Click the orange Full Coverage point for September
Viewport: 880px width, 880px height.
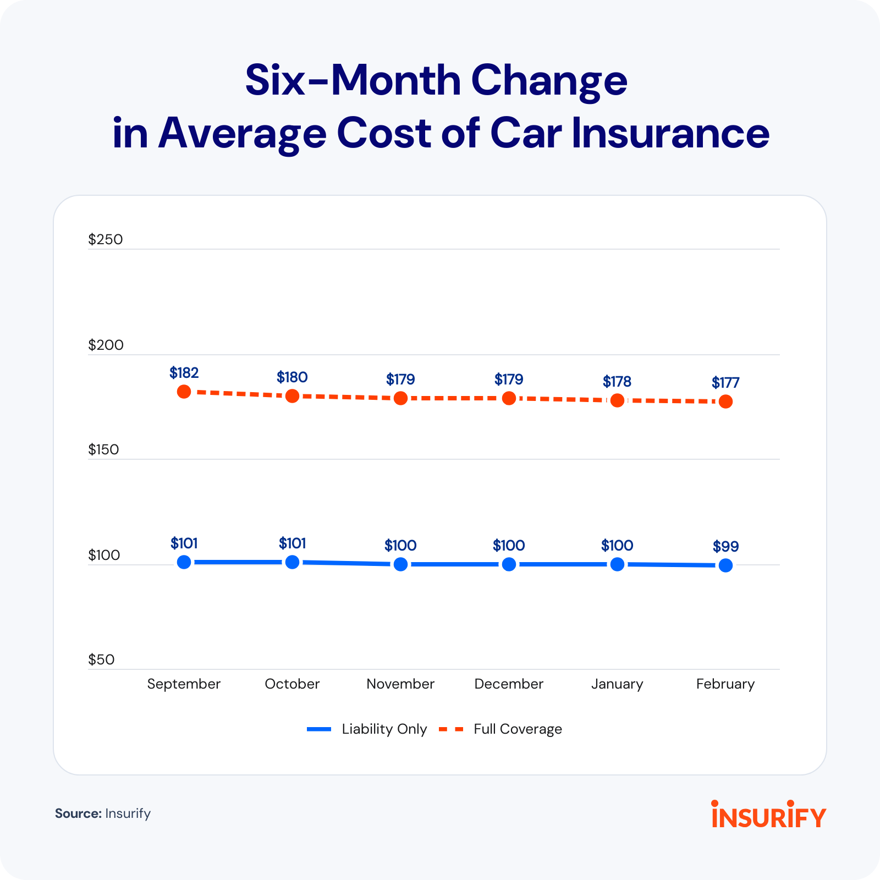tap(184, 392)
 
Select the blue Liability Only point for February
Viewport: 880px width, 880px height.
tap(725, 565)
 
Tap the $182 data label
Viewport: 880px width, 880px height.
tap(184, 373)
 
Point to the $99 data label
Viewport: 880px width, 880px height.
tap(725, 546)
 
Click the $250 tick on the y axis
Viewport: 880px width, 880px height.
tap(106, 239)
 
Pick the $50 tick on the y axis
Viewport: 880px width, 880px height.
tap(101, 659)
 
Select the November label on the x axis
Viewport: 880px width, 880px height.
tap(400, 684)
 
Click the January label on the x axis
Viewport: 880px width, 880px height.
tap(617, 684)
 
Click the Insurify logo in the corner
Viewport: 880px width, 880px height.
tap(768, 815)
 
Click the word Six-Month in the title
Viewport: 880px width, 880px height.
tap(352, 81)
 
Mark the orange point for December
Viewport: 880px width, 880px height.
tap(509, 398)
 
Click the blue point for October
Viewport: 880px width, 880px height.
tap(292, 562)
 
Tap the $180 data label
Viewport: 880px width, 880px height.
tap(292, 377)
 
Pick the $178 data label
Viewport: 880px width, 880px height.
tap(617, 381)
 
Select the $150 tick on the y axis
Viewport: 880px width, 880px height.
tap(103, 449)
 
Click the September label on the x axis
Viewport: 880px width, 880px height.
tap(184, 684)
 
